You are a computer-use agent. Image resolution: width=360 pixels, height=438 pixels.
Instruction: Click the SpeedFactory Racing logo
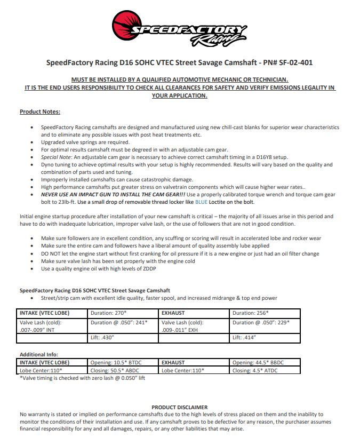(x=180, y=30)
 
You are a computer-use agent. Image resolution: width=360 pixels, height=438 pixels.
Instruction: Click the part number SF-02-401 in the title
(x=293, y=62)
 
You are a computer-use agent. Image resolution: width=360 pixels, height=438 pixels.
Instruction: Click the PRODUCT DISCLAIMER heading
(x=180, y=407)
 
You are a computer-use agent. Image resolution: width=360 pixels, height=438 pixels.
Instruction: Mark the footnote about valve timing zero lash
(x=82, y=378)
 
